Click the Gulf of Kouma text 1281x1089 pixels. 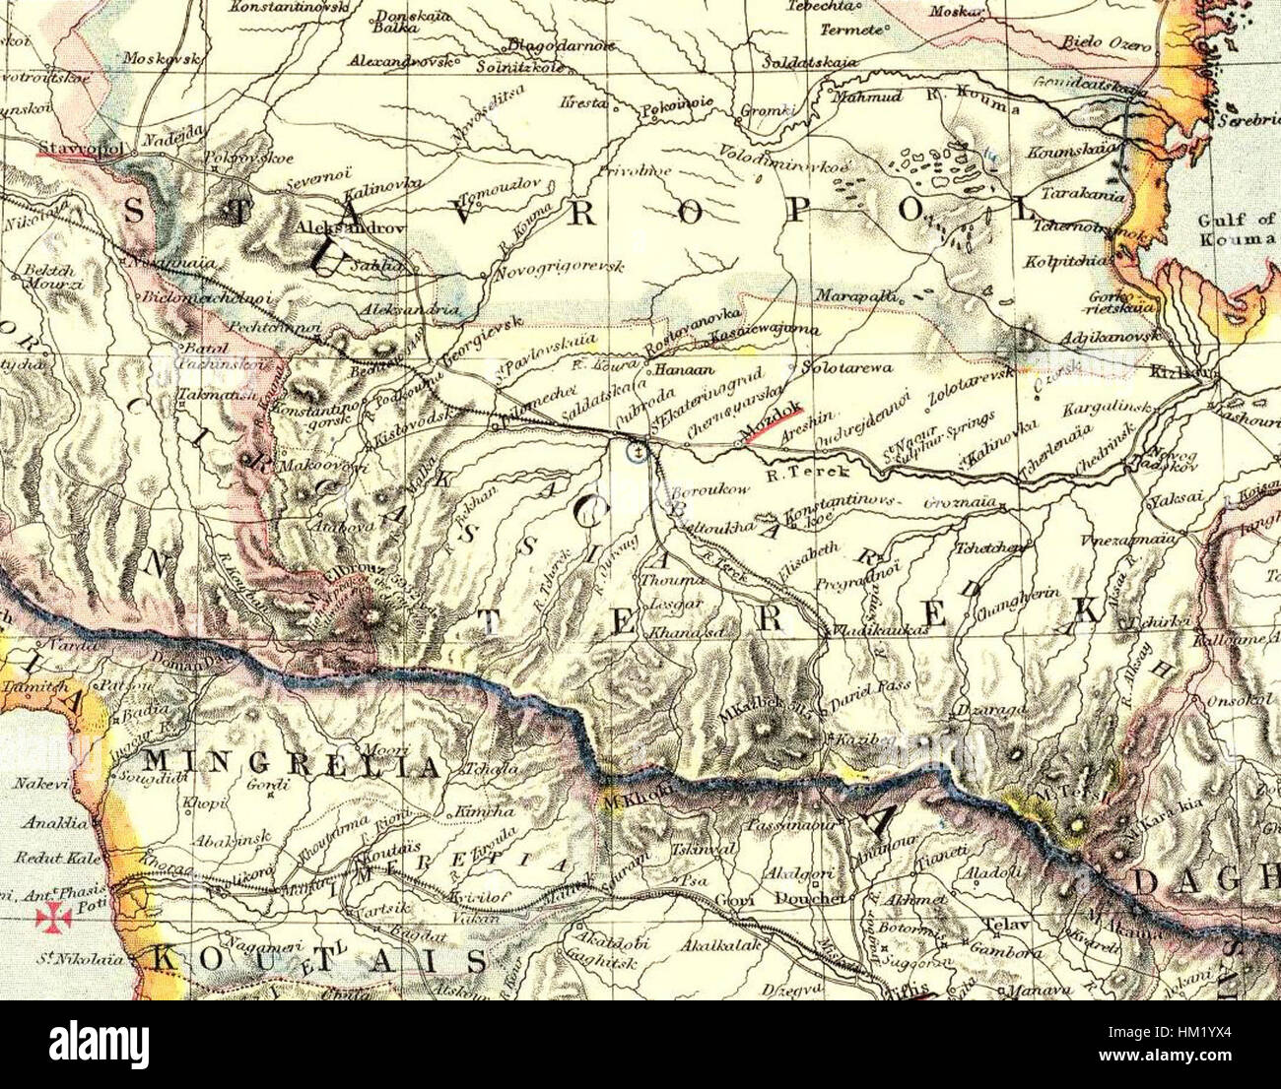tap(1237, 229)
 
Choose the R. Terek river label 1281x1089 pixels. tap(792, 472)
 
